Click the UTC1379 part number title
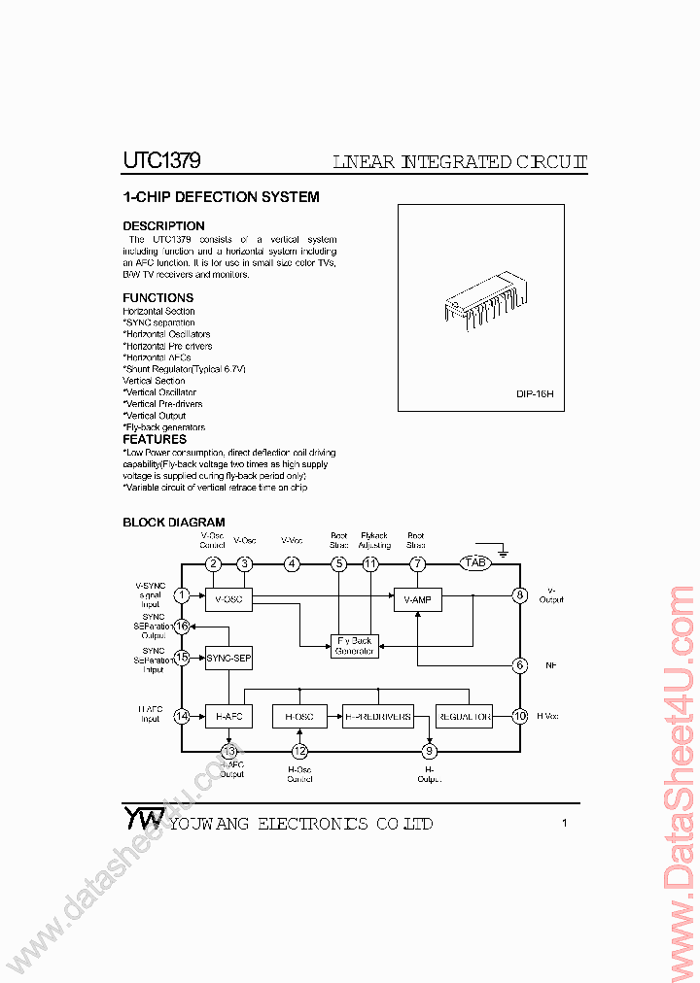(x=161, y=161)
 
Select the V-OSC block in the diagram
(x=228, y=600)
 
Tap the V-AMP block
(x=417, y=600)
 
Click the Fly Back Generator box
(x=354, y=646)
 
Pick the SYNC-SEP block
(x=228, y=659)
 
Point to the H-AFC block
(x=228, y=717)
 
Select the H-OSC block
(x=299, y=717)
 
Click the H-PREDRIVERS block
(x=378, y=717)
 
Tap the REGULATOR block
(x=464, y=717)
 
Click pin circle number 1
(x=182, y=595)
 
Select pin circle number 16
(x=182, y=627)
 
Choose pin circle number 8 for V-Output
(x=520, y=595)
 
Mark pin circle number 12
(x=299, y=751)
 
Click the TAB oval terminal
(x=475, y=563)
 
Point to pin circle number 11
(x=370, y=563)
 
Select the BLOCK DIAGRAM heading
(x=173, y=523)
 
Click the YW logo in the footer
(x=143, y=818)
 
